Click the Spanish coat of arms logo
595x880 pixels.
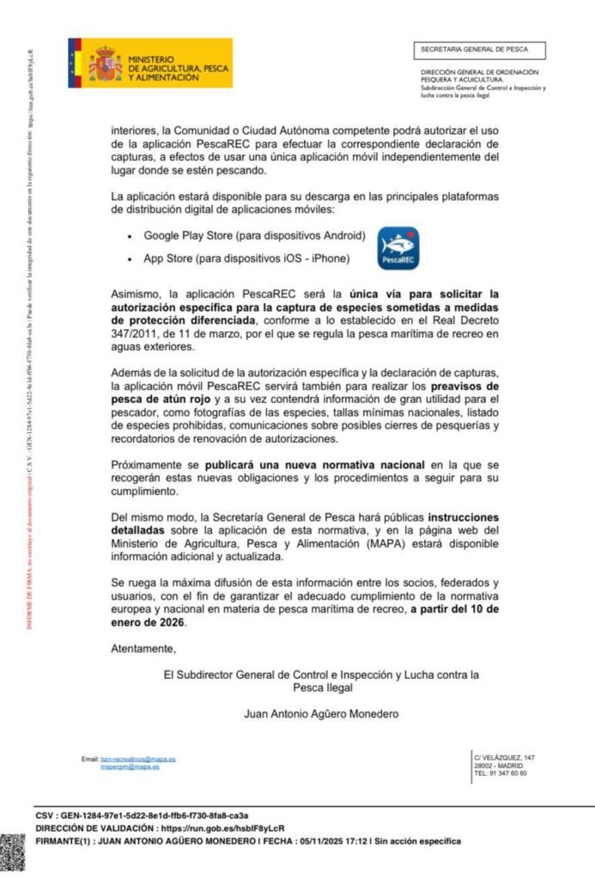point(105,64)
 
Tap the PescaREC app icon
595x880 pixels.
point(398,248)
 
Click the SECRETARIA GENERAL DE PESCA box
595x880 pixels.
point(480,50)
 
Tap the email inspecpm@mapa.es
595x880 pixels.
point(130,767)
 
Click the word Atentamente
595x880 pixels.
point(143,648)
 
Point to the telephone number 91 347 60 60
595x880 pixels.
point(507,773)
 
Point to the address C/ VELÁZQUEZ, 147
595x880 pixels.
point(504,756)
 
